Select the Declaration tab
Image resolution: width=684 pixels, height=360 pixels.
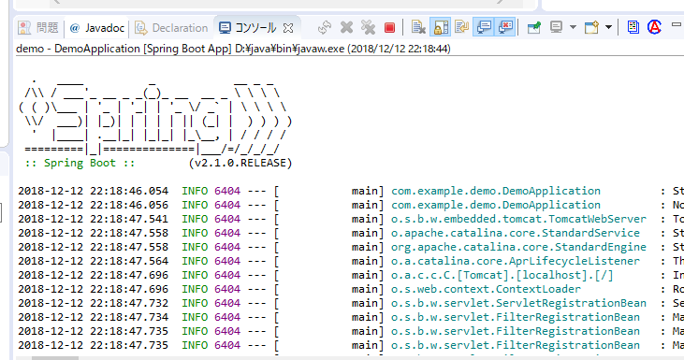172,28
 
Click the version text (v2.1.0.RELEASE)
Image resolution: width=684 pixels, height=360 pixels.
240,163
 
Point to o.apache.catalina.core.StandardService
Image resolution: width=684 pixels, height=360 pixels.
516,233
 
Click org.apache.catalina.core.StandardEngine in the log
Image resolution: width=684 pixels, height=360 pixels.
516,247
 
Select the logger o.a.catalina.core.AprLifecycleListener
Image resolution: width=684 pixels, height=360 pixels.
516,261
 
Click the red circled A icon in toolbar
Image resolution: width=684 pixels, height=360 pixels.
655,28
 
